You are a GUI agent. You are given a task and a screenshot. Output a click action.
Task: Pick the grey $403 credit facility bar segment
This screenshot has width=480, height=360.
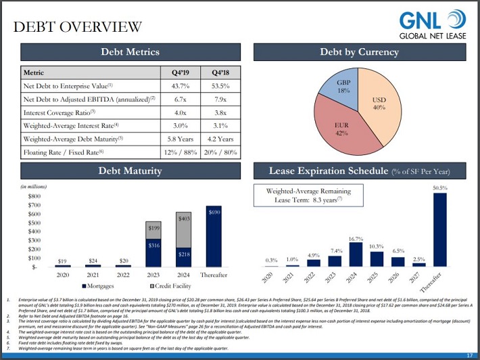184,221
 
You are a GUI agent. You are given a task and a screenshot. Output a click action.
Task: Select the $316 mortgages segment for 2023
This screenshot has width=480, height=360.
154,252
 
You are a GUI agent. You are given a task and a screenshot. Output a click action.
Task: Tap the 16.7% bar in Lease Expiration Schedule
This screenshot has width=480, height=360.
356,254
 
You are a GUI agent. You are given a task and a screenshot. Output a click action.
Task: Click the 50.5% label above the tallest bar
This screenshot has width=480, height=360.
440,187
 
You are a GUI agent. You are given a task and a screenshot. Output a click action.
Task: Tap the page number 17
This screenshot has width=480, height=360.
469,355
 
